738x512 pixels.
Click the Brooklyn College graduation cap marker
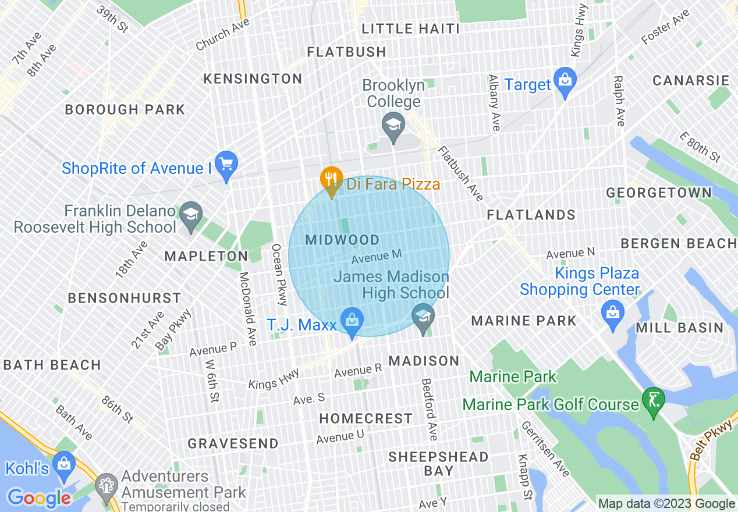point(393,126)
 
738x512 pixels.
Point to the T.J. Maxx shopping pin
point(352,321)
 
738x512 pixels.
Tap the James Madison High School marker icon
point(423,317)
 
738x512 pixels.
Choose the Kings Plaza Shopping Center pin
point(612,312)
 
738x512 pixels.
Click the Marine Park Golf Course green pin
point(653,400)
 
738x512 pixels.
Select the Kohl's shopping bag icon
point(63,464)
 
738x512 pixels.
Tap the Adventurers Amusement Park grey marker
point(106,485)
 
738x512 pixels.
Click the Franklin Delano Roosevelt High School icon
point(190,215)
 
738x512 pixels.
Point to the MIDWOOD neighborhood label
point(342,240)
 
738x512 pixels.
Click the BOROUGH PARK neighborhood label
point(125,109)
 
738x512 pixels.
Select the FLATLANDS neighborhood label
point(531,215)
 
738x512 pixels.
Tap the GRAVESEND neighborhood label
point(233,443)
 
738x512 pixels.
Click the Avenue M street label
point(377,255)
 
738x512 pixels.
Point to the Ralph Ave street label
point(618,100)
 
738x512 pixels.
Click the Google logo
point(38,498)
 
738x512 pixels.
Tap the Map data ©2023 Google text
point(667,504)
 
